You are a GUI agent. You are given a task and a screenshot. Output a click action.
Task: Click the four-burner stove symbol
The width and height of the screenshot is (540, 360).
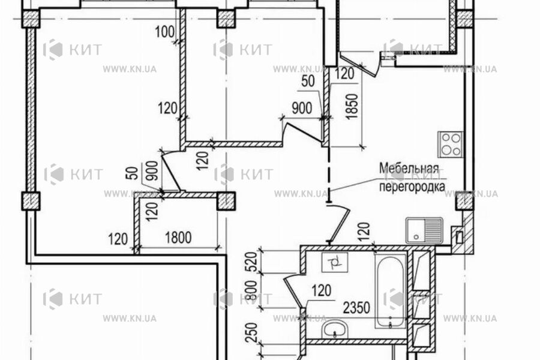[451, 144]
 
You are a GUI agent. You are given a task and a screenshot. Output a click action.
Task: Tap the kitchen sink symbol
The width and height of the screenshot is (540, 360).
[424, 230]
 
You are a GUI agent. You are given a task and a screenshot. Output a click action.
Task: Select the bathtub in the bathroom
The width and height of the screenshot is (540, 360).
[392, 291]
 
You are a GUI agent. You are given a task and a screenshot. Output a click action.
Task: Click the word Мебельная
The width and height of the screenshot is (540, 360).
[409, 169]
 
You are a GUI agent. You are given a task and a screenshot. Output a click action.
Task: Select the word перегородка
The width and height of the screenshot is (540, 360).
[412, 187]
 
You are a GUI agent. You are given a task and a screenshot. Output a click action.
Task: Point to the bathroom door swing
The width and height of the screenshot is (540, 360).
[293, 291]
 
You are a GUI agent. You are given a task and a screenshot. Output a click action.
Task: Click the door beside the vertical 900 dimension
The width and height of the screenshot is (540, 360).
[172, 171]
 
